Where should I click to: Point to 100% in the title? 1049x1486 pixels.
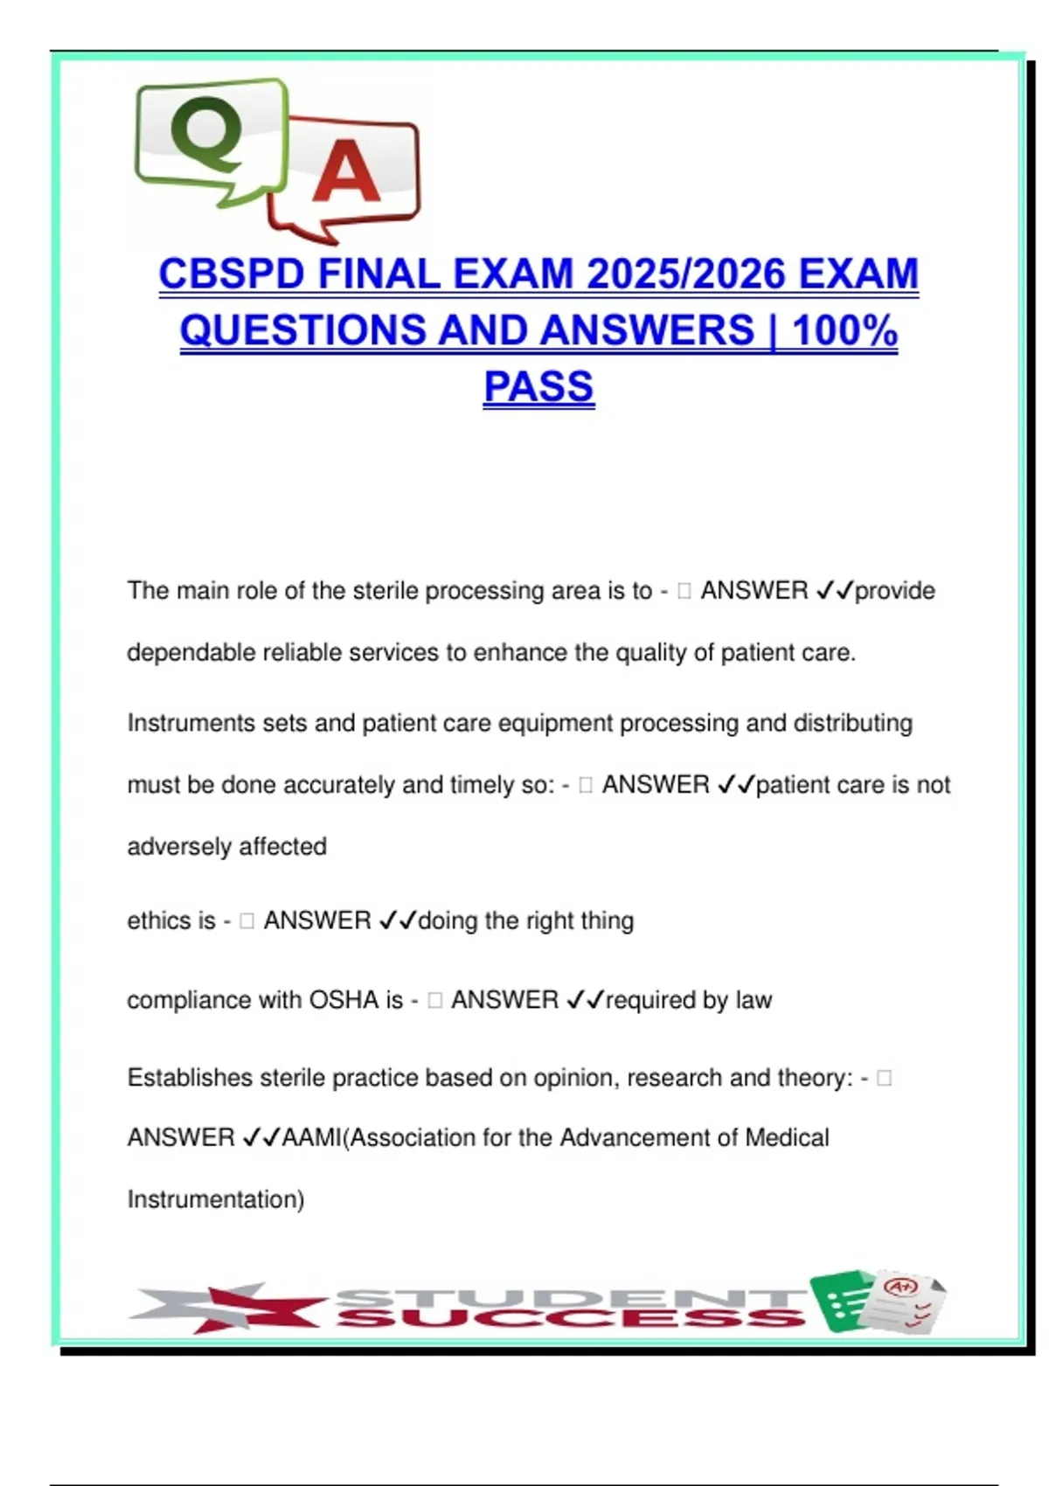click(x=844, y=330)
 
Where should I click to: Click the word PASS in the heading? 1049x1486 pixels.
click(x=538, y=386)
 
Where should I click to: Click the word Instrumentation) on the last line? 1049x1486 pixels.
click(x=216, y=1198)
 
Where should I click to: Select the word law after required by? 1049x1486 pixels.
click(x=754, y=999)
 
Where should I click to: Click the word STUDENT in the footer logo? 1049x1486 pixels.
click(x=568, y=1296)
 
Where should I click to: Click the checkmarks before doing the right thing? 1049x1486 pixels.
click(x=397, y=920)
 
